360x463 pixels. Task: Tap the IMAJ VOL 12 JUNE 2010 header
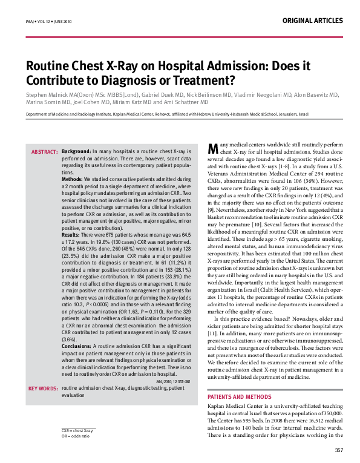pyautogui.click(x=48, y=21)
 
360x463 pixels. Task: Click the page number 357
pyautogui.click(x=339, y=450)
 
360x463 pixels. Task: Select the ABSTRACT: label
pyautogui.click(x=44, y=151)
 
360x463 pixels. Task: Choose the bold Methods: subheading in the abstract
pyautogui.click(x=73, y=180)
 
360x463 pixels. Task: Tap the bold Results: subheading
pyautogui.click(x=71, y=217)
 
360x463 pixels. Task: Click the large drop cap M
pyautogui.click(x=212, y=149)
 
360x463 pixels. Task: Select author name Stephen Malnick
pyautogui.click(x=48, y=96)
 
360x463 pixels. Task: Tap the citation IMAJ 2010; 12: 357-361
pyautogui.click(x=173, y=382)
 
